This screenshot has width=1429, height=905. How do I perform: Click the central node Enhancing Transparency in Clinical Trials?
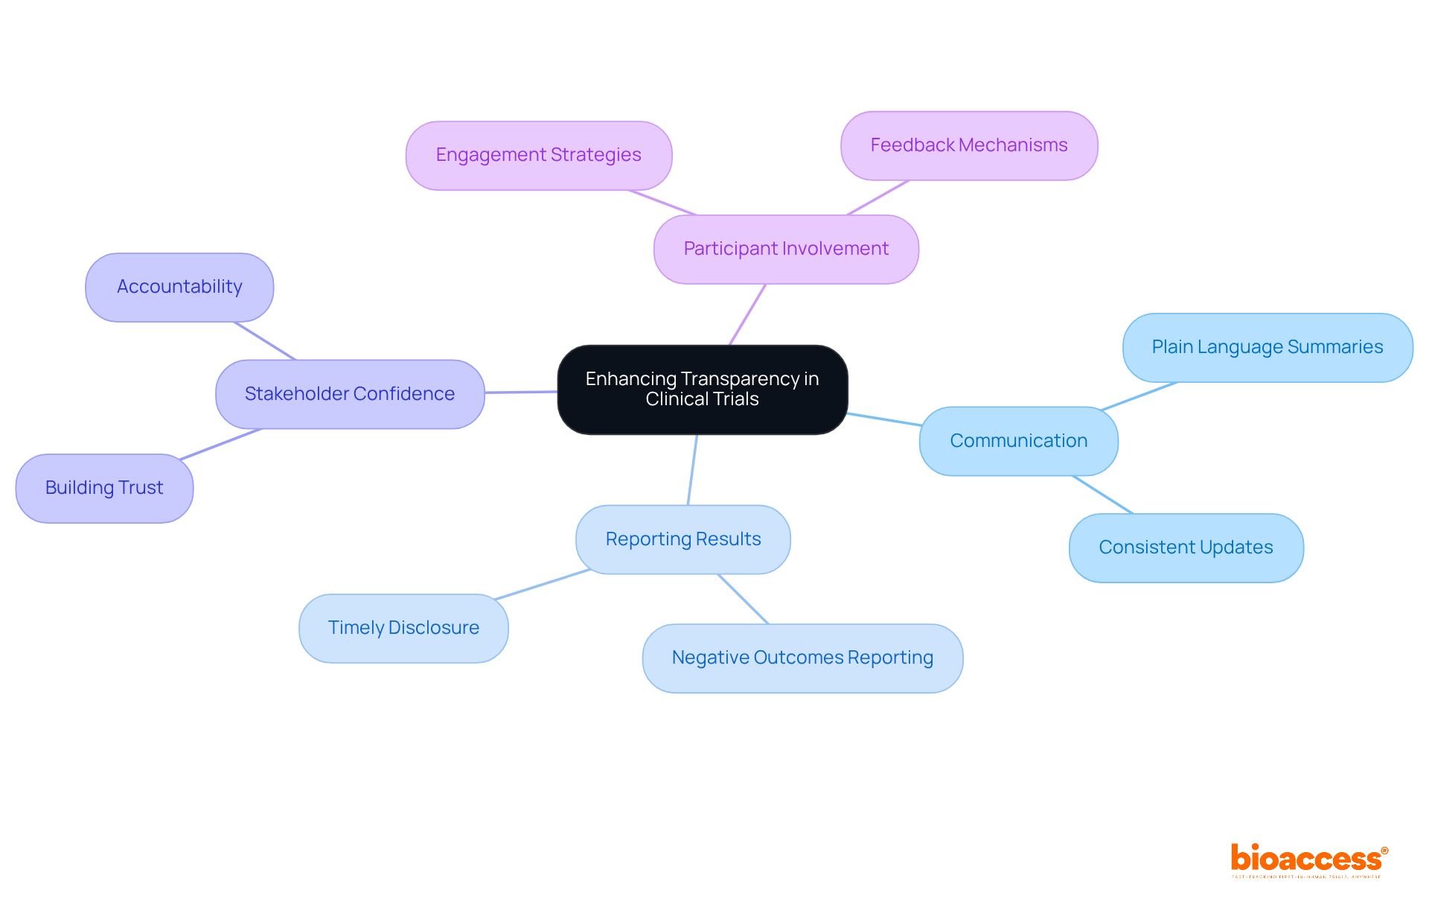(x=702, y=389)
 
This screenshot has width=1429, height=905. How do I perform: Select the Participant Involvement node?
(x=786, y=249)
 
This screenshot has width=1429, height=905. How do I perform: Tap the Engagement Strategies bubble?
(x=538, y=155)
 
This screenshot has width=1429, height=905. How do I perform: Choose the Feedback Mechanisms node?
(x=968, y=145)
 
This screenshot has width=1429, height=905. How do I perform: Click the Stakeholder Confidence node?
(x=349, y=394)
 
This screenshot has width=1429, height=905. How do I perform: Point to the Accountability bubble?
(x=179, y=287)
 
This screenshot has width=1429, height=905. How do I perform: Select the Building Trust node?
(x=104, y=488)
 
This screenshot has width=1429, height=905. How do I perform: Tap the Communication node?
(x=1018, y=441)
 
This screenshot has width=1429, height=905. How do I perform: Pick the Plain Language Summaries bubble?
(x=1267, y=347)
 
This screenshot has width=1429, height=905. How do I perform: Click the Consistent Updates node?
(x=1186, y=547)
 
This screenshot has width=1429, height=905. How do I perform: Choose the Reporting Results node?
(x=682, y=539)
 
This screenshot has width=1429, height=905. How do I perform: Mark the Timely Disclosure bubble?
(x=403, y=628)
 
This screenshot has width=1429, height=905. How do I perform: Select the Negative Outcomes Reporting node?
(x=802, y=658)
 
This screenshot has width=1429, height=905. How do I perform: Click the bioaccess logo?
(x=1308, y=860)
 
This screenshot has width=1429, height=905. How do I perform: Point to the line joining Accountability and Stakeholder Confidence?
(x=265, y=341)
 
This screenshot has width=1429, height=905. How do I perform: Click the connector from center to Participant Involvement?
(x=747, y=314)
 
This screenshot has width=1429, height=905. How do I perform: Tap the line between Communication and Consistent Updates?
(x=1103, y=495)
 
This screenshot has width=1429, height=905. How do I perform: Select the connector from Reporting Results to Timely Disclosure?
(x=542, y=584)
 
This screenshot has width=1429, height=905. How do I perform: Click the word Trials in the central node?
(x=734, y=399)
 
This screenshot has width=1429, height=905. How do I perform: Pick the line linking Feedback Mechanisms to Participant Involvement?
(x=878, y=197)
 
